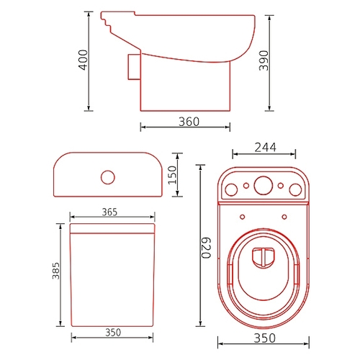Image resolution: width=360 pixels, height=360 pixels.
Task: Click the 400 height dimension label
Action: coord(84,60)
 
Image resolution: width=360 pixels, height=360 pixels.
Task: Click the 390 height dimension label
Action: coord(264,60)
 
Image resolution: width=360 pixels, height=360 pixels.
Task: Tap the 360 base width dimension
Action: coord(189,122)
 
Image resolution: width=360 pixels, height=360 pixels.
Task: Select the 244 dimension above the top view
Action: coord(265,148)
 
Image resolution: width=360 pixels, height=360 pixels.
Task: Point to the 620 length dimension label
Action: coord(206,248)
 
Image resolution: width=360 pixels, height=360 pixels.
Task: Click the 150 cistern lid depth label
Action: coord(172,175)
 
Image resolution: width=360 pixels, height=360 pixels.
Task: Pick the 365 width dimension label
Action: coord(109,212)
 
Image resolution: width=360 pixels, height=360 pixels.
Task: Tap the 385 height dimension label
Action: coord(56,271)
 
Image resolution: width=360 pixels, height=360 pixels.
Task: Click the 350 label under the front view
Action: coord(113,333)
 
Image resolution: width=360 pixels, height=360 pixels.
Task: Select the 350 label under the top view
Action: coord(265,338)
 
